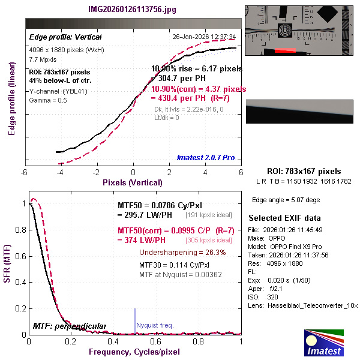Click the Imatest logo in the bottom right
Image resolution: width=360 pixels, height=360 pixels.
point(324,344)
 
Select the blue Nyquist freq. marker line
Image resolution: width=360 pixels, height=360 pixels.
point(135,318)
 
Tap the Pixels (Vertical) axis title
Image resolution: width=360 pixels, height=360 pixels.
point(133,182)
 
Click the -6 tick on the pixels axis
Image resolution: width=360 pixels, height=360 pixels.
point(25,172)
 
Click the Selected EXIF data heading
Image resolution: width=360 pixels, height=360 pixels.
point(284,217)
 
